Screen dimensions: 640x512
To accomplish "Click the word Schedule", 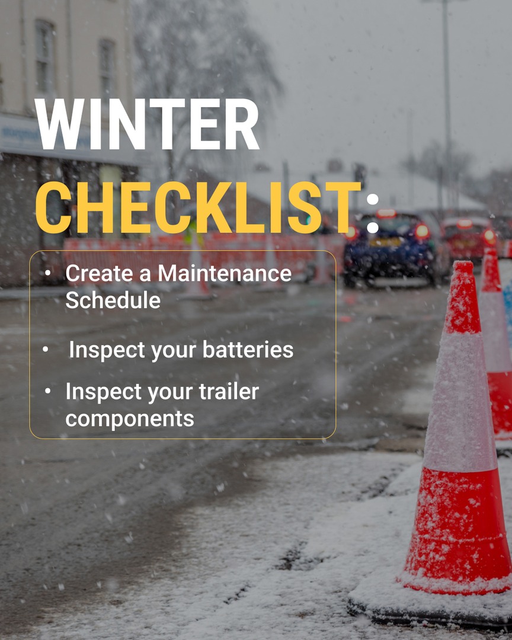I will point(113,300).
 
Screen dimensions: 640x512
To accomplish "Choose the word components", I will point(130,418).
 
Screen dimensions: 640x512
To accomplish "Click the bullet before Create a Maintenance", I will point(47,273).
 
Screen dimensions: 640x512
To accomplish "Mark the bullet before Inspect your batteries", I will point(46,350).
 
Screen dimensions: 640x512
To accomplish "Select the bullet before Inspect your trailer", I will point(47,391).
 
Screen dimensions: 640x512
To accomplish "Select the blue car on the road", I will point(388,249).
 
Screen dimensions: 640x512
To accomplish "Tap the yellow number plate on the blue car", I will point(385,242).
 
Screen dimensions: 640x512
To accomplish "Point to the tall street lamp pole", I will point(446,89).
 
